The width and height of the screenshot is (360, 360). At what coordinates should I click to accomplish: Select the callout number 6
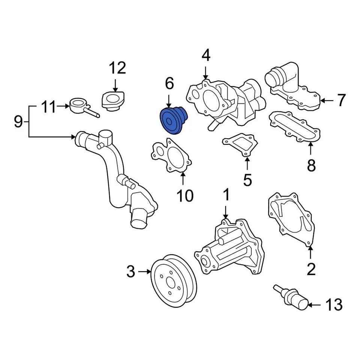tap(169, 84)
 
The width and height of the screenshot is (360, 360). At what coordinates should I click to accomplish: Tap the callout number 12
tap(117, 68)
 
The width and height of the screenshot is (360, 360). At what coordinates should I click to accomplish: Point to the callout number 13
tap(333, 305)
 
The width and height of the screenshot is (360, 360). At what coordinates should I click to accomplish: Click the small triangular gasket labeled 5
tap(240, 145)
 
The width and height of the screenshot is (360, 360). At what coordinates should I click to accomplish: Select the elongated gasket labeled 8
tap(294, 128)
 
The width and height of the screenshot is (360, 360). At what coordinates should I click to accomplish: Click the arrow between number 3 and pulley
tap(144, 271)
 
